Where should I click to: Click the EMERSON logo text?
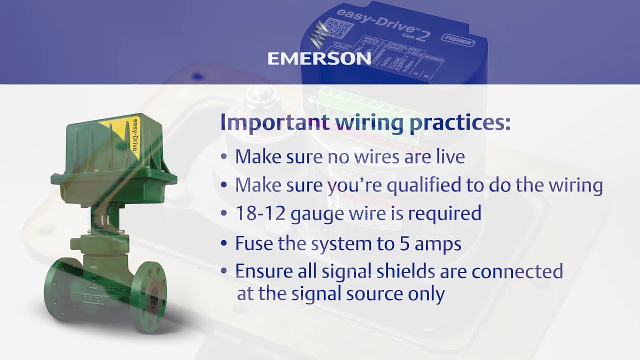(x=319, y=58)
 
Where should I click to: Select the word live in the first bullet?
(x=449, y=156)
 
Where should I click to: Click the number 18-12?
(x=258, y=213)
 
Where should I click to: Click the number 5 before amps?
(x=402, y=243)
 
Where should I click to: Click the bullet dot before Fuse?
(x=224, y=244)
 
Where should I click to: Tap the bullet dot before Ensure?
(x=224, y=272)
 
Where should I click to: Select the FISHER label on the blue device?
(x=458, y=39)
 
